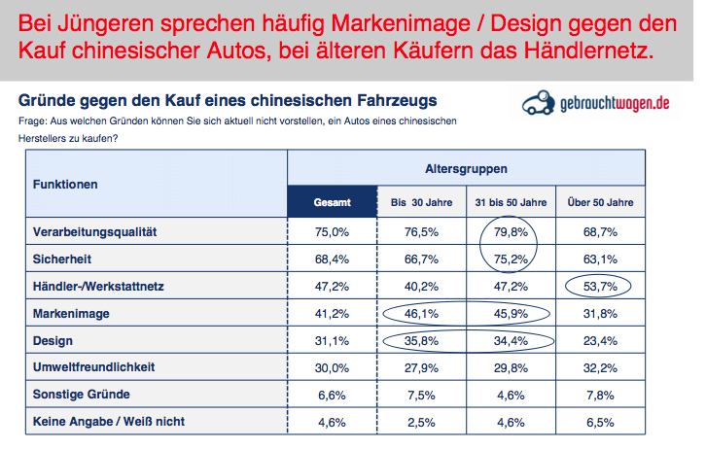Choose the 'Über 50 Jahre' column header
600,203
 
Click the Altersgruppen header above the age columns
466,169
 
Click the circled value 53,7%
599,286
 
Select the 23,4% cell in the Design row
600,340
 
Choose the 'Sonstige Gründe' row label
81,395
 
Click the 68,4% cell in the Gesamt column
332,259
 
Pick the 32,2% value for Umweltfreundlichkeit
600,367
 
